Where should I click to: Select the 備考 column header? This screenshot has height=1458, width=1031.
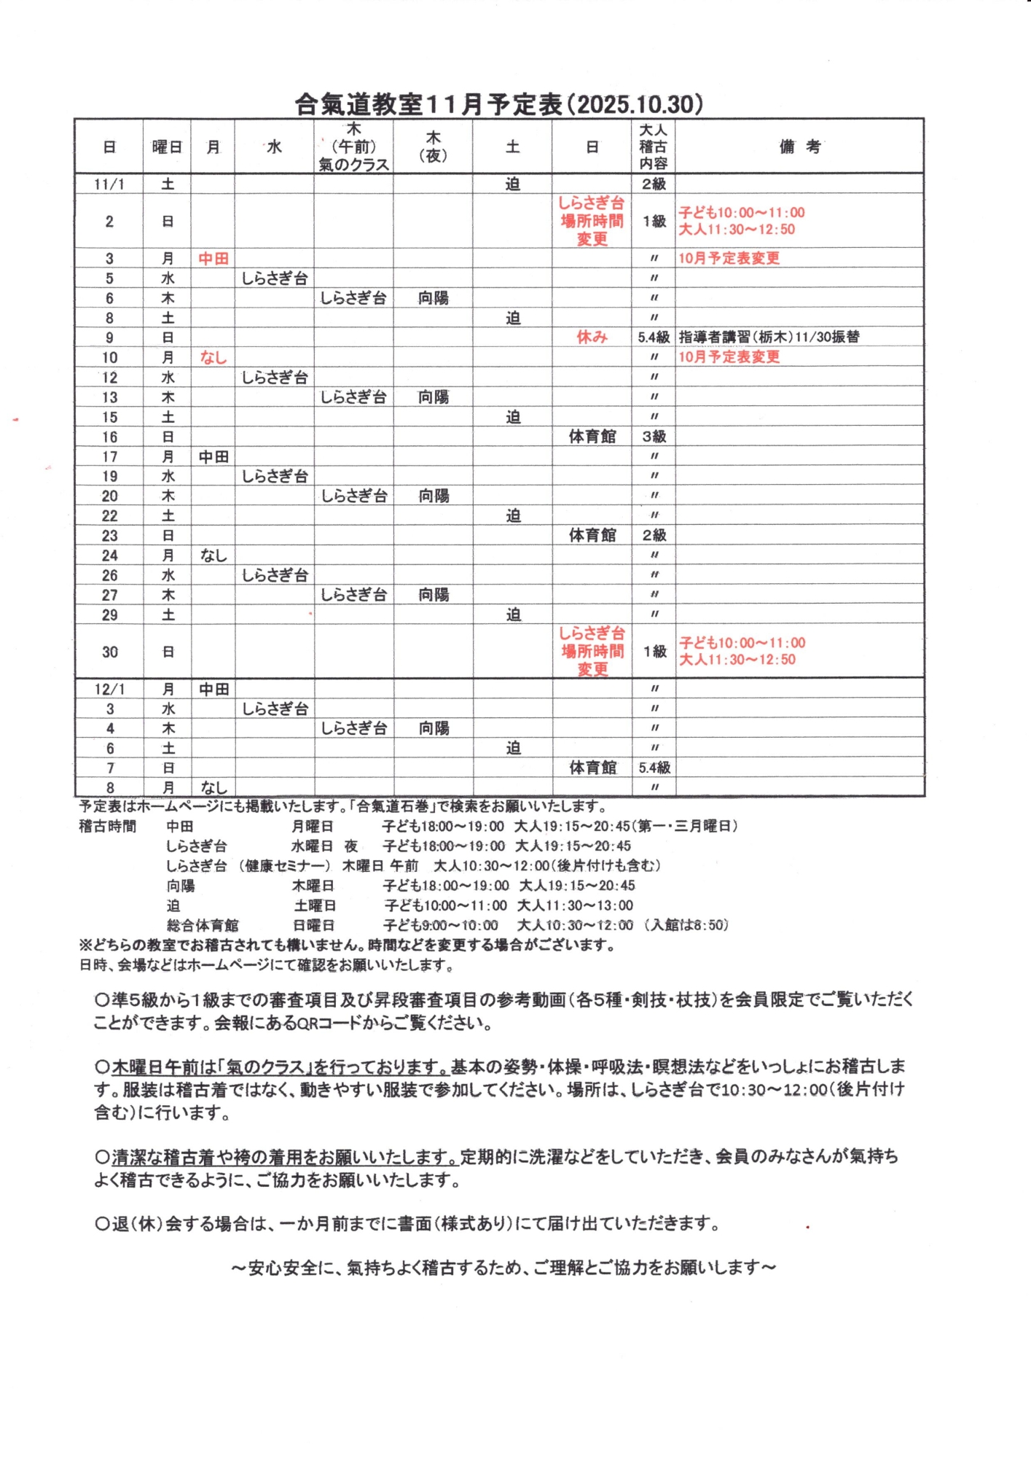point(799,147)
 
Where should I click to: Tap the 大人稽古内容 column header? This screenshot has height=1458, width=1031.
point(653,147)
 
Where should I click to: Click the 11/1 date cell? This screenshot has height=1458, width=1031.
point(109,184)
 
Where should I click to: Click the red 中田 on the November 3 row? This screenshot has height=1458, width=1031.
point(213,259)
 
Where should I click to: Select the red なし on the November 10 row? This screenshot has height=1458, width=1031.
point(213,357)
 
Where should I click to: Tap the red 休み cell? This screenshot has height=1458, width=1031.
point(592,338)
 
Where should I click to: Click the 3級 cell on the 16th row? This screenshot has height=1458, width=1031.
point(654,437)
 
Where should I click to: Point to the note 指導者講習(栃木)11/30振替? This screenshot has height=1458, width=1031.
point(769,337)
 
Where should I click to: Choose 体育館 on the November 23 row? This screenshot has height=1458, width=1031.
point(592,535)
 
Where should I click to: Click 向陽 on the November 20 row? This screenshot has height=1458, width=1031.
point(434,496)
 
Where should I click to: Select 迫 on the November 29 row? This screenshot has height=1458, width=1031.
point(513,615)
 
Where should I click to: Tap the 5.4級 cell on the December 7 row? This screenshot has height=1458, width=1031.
point(654,768)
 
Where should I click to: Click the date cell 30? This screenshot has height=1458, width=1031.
point(109,652)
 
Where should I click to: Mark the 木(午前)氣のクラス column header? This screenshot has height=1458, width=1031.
point(354,147)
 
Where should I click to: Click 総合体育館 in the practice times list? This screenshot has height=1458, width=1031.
point(203,925)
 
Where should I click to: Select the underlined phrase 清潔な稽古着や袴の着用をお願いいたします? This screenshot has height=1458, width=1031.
point(284,1157)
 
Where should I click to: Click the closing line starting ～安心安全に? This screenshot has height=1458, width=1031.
point(503,1268)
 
